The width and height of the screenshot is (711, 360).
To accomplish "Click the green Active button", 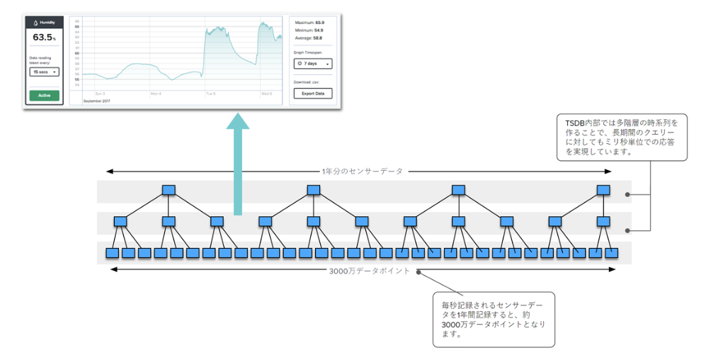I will point(44,95).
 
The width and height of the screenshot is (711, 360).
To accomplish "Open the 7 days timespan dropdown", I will point(312,63).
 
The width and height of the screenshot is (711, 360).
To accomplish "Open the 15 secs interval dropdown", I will point(44,72).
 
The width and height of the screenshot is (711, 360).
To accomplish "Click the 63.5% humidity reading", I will point(44,38).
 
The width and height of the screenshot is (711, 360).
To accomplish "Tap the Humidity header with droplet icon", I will point(44,22).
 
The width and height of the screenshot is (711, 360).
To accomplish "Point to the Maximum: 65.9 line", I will point(309,23).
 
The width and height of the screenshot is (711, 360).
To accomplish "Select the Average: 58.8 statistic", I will point(309,38).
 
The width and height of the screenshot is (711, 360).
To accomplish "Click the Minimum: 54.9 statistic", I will point(309,30).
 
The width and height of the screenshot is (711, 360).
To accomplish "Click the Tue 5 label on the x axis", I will point(210,93).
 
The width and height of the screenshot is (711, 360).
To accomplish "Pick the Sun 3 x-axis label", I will point(100,93).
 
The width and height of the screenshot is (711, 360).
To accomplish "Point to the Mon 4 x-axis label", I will point(156,93).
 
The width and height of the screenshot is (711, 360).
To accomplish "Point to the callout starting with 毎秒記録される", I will point(493,319).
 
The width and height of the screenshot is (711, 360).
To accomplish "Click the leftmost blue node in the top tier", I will point(168,190).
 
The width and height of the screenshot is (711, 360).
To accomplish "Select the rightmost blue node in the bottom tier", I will point(611,253).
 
